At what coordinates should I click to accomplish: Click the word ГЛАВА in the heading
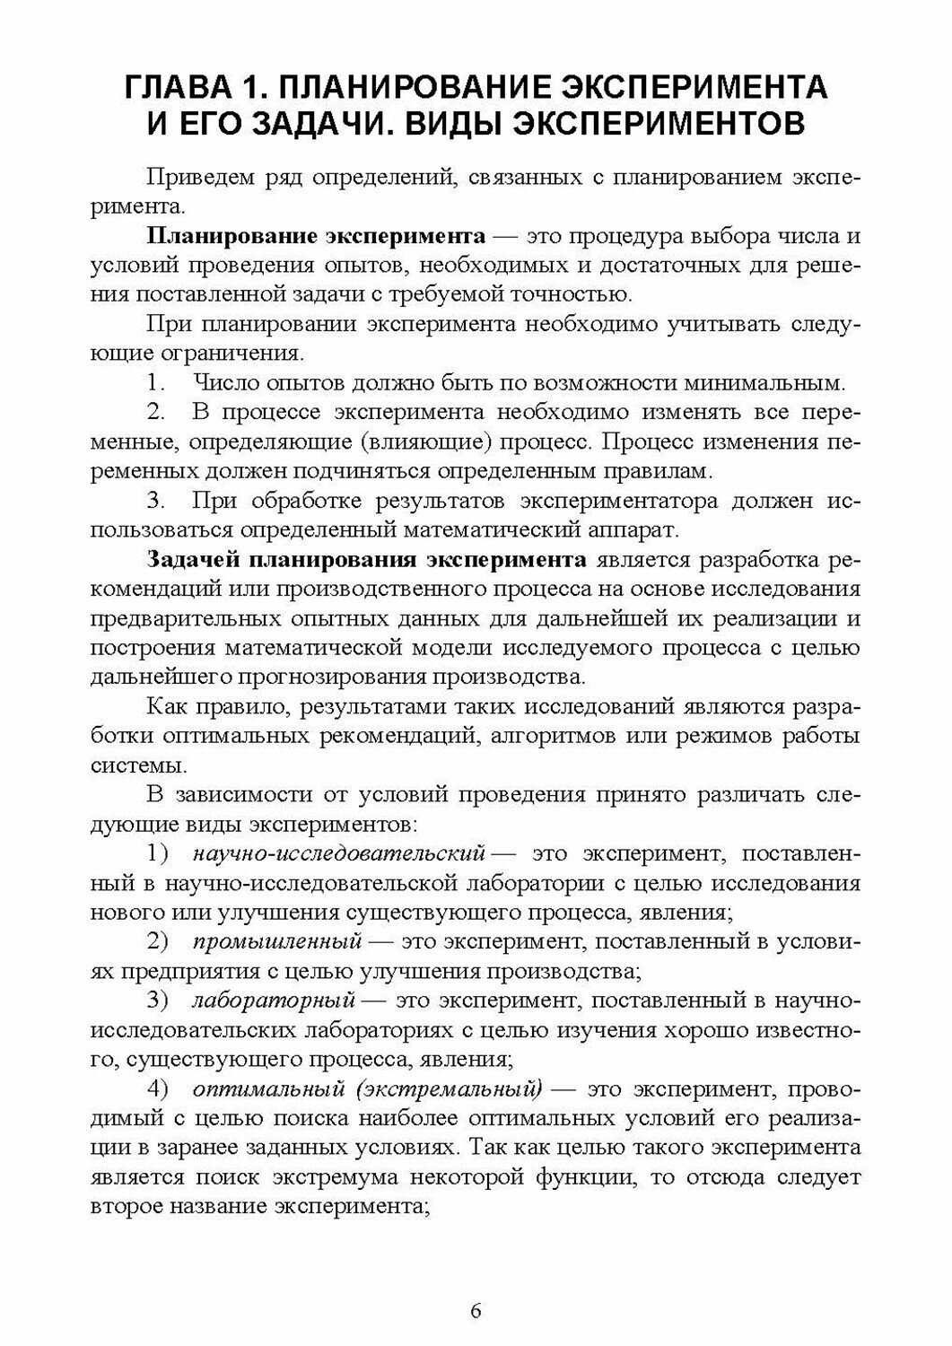click(x=174, y=88)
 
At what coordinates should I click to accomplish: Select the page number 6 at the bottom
click(x=476, y=1311)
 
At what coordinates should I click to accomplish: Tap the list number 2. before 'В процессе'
click(x=156, y=413)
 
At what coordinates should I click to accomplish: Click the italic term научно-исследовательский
click(x=338, y=852)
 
